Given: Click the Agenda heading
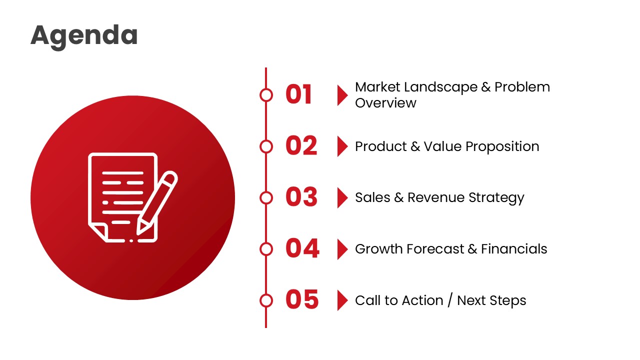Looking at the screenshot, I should (x=84, y=35).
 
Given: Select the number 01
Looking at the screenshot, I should (x=299, y=94).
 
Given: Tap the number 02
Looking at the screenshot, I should (x=301, y=146).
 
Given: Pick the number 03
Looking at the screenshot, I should (x=301, y=197).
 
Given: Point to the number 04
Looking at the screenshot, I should (x=302, y=248).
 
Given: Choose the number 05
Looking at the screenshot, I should (x=302, y=300).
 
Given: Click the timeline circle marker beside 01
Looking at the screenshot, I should (x=266, y=95).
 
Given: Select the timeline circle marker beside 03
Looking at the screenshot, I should (x=266, y=197).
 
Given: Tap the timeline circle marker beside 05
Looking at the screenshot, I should (x=266, y=300).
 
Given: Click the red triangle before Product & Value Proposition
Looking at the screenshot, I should (x=342, y=146).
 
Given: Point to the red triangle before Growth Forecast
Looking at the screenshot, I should (x=342, y=248).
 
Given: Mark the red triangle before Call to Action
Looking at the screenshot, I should (x=342, y=300).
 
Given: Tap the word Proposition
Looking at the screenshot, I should (x=502, y=146).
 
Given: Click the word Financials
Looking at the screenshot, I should (x=514, y=249).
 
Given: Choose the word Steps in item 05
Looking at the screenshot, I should (x=509, y=300).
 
